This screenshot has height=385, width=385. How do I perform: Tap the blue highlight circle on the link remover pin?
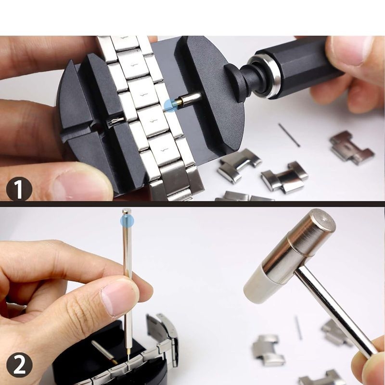click(x=170, y=105)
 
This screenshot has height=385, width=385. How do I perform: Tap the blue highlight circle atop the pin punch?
click(x=127, y=220)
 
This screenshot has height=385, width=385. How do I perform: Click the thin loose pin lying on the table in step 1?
click(x=289, y=135)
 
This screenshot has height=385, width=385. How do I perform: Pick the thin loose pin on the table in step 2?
click(x=298, y=328)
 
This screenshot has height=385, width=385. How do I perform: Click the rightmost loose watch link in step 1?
click(x=352, y=147)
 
